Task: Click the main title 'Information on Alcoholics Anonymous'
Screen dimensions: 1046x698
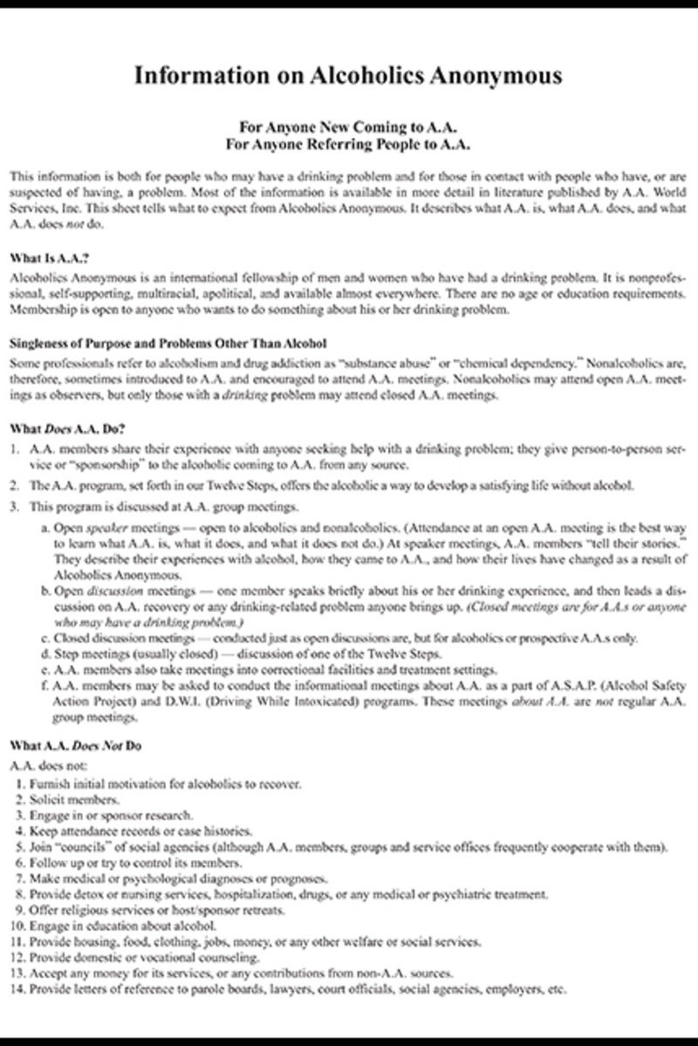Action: pyautogui.click(x=349, y=77)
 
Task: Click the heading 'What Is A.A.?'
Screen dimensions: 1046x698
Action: pyautogui.click(x=50, y=259)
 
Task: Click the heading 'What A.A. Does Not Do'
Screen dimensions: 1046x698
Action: pyautogui.click(x=75, y=747)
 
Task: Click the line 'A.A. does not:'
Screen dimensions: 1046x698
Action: pyautogui.click(x=44, y=765)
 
